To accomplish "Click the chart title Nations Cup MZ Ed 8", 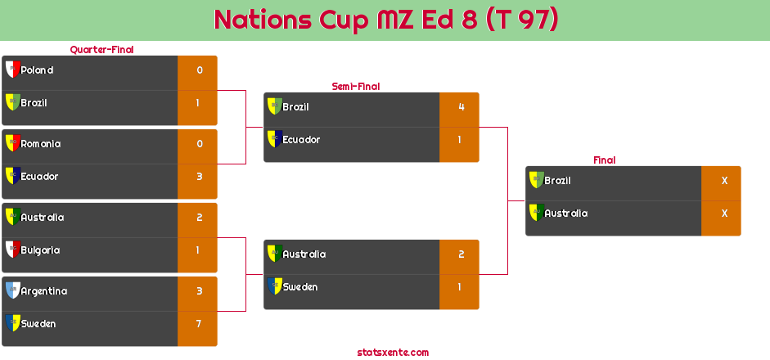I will pos(385,20).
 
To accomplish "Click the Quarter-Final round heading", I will pos(101,50).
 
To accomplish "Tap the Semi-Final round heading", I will pos(354,87).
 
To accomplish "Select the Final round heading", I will pos(603,160).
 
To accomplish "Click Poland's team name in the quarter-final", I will pos(37,70).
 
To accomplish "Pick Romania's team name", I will pos(40,144).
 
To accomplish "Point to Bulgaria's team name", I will pos(40,250).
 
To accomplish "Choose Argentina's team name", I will pos(43,291).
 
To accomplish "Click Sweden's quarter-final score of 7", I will pos(198,324).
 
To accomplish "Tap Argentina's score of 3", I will pos(198,291).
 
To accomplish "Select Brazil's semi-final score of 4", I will pos(461,107).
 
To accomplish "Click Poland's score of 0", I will pos(199,70).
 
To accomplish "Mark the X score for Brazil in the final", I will pos(723,181).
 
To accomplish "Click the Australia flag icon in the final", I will pos(536,213).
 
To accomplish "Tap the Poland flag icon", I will pos(12,70).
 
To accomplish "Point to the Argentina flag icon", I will pos(12,290).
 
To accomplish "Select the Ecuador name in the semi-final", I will pos(301,140).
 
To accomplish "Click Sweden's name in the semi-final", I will pos(299,287).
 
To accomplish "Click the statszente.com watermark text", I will pos(393,353).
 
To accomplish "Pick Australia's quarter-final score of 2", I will pos(198,218).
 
